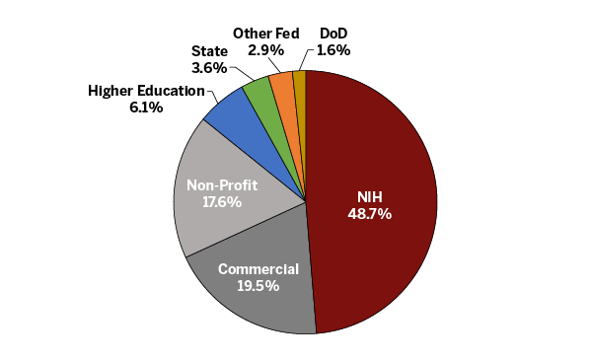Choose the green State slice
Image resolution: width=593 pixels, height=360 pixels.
click(x=260, y=92)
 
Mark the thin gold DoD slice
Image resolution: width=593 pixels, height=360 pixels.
click(x=300, y=84)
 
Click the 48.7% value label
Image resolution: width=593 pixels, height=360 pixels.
click(x=369, y=213)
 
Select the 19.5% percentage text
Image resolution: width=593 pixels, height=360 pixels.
click(x=257, y=286)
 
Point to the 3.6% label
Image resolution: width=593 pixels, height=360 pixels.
click(x=208, y=68)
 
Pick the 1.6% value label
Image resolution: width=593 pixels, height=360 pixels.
click(x=333, y=49)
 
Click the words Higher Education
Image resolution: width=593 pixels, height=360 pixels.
click(x=146, y=91)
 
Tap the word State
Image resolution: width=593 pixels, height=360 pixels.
click(x=208, y=51)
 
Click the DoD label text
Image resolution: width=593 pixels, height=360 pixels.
click(x=333, y=33)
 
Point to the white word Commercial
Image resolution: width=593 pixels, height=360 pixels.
click(x=258, y=269)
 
